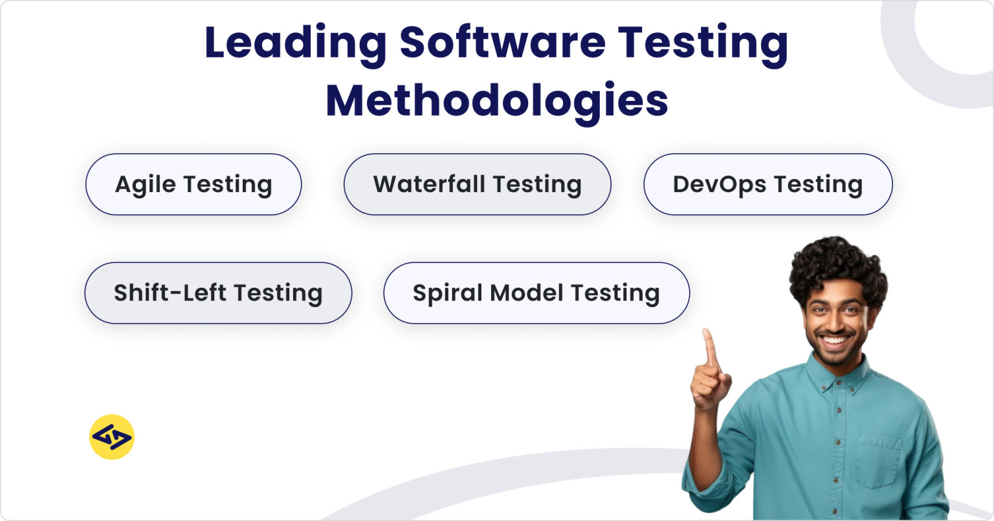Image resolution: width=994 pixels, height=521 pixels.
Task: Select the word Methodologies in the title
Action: click(x=497, y=101)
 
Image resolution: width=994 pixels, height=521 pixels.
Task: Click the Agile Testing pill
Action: click(x=193, y=184)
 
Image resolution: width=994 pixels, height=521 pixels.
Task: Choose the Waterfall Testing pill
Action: click(x=477, y=184)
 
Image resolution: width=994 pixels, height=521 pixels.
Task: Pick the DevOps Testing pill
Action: click(x=768, y=184)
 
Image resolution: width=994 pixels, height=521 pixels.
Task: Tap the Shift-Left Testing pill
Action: click(x=218, y=293)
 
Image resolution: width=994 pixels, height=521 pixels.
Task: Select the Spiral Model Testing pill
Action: click(x=536, y=293)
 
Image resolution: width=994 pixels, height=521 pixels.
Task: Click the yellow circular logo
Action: click(x=112, y=437)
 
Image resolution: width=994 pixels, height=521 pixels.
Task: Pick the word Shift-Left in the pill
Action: click(x=170, y=293)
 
